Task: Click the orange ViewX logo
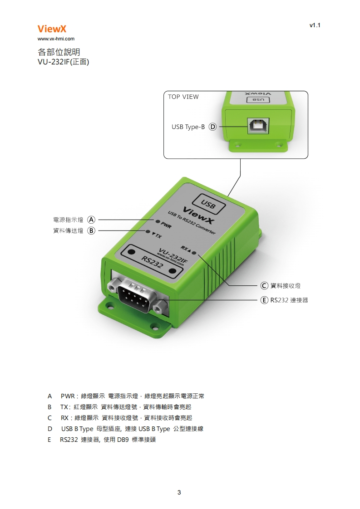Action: [x=52, y=29]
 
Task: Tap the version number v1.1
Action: [x=315, y=25]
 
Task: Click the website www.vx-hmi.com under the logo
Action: [x=56, y=39]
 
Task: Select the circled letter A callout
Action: [x=91, y=220]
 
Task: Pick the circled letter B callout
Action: [x=91, y=230]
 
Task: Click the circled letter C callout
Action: [x=264, y=285]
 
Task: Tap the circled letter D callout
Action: [x=212, y=127]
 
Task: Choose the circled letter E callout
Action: [x=264, y=300]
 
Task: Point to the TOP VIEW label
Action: [x=183, y=97]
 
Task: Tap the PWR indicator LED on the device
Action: [x=157, y=222]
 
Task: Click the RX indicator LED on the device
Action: [x=194, y=252]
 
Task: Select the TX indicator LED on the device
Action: [x=148, y=231]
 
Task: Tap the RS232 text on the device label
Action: [x=153, y=263]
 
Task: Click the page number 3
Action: [x=179, y=492]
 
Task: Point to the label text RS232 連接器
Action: [x=289, y=300]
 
